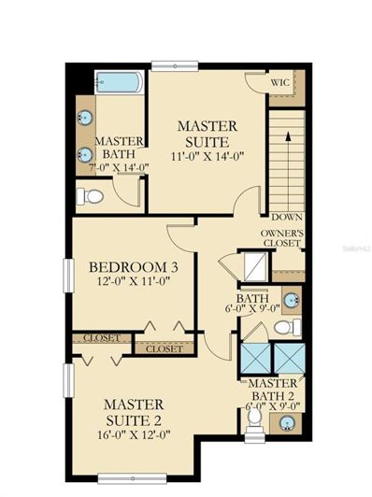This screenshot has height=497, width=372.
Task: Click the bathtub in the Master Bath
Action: pyautogui.click(x=120, y=82)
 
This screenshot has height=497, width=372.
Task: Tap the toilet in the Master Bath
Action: pyautogui.click(x=91, y=196)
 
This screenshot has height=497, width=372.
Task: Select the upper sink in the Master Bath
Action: pyautogui.click(x=85, y=118)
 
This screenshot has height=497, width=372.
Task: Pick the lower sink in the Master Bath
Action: pyautogui.click(x=85, y=155)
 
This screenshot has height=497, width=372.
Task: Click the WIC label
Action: pyautogui.click(x=280, y=83)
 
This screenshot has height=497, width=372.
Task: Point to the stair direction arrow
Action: pyautogui.click(x=288, y=174)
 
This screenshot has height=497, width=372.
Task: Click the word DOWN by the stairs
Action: pyautogui.click(x=287, y=218)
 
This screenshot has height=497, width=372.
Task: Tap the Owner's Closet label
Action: pyautogui.click(x=281, y=238)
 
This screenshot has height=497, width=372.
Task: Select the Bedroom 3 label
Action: pyautogui.click(x=134, y=267)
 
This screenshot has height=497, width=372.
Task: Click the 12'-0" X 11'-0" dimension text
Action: pyautogui.click(x=134, y=281)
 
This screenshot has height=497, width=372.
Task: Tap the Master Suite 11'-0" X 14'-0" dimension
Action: pyautogui.click(x=207, y=156)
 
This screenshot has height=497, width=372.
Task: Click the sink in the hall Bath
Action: pyautogui.click(x=291, y=300)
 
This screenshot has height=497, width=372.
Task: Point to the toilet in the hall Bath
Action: pyautogui.click(x=288, y=327)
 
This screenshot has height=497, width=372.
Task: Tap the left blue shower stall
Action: pyautogui.click(x=255, y=358)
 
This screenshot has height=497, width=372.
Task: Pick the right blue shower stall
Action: pyautogui.click(x=290, y=358)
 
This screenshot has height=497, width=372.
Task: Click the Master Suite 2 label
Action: pyautogui.click(x=134, y=413)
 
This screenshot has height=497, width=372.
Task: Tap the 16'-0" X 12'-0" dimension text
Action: pyautogui.click(x=134, y=434)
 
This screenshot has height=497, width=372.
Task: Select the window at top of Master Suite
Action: pyautogui.click(x=175, y=66)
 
